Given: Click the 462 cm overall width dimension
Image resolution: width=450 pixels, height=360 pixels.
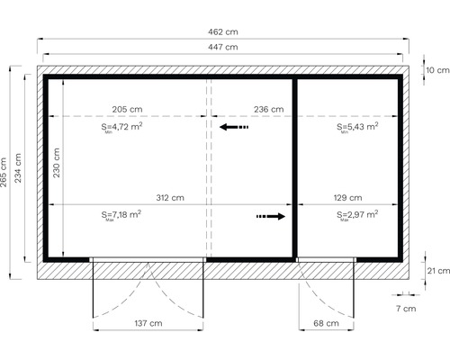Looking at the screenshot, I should pos(223,32).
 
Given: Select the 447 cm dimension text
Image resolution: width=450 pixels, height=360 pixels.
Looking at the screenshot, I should pos(223,47).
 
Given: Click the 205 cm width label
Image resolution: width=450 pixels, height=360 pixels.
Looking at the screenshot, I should pos(127,109).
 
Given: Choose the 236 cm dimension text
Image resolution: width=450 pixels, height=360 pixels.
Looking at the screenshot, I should pos(268,109).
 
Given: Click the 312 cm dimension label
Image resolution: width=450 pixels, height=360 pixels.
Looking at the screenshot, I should pos(170,197).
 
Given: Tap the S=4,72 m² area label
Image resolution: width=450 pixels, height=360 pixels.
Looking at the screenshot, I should pos(122,128).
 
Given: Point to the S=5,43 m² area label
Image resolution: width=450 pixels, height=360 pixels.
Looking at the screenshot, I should pos(357,128).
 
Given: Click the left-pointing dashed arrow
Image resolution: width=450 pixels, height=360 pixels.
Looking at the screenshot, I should pos(234,128).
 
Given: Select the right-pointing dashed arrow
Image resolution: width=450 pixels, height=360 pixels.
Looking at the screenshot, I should pos(271,216).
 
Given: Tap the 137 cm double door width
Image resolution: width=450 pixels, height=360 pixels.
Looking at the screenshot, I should pos(148,322).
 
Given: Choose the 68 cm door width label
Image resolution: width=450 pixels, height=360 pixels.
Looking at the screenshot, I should pos(327,322).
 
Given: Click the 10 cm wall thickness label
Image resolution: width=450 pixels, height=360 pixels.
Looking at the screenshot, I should pos(437,70).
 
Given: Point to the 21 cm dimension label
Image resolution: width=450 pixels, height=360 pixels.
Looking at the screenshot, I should pos(437,270).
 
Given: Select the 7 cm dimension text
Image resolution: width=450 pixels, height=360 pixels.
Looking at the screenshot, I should pos(409,309).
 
